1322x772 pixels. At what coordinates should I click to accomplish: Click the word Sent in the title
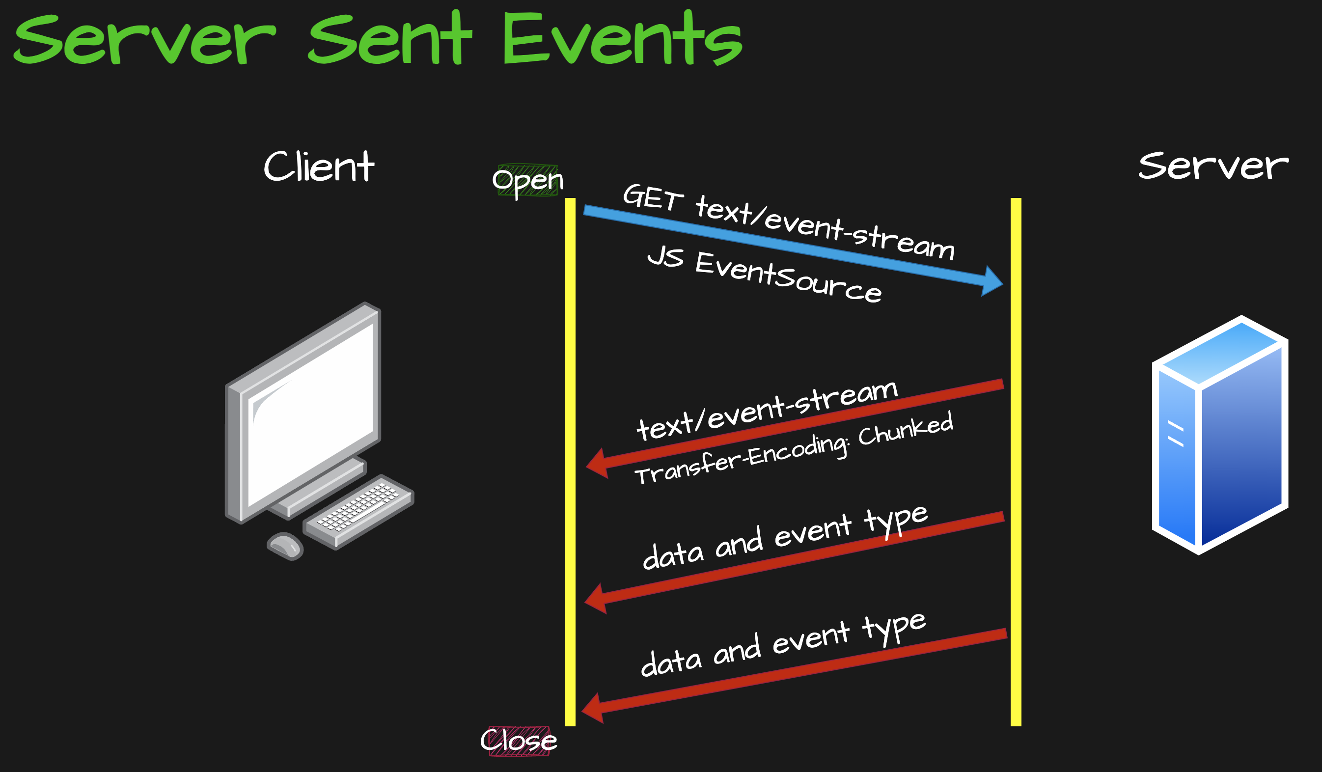click(391, 39)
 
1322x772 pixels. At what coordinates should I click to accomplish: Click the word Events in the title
click(622, 39)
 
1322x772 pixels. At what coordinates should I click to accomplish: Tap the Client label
click(319, 167)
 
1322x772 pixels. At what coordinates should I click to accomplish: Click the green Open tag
click(527, 180)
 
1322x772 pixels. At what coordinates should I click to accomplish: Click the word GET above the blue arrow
click(653, 198)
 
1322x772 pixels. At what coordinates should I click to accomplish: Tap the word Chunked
click(905, 430)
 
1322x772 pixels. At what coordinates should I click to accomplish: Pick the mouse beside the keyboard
click(285, 546)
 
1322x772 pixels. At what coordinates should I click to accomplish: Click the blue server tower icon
click(1219, 435)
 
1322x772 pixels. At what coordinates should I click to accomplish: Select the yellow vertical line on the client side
click(570, 462)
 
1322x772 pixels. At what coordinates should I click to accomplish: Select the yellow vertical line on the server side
click(1016, 462)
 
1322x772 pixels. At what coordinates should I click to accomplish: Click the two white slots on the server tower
click(1175, 434)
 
